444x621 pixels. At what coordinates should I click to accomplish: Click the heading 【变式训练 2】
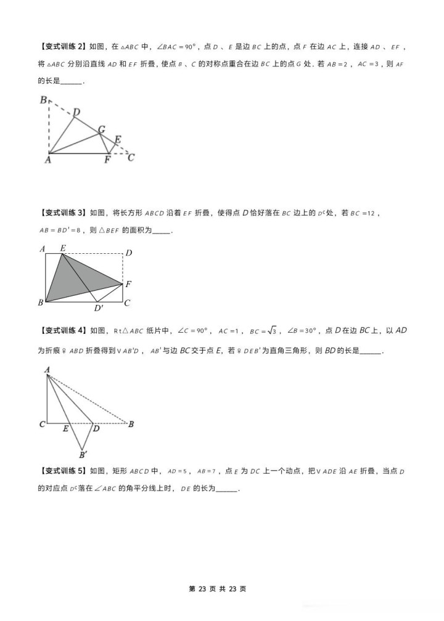point(62,46)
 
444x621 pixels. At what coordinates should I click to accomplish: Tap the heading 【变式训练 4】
point(62,331)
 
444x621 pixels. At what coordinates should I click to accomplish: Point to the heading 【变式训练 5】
point(62,471)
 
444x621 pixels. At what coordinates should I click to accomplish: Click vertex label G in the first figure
point(101,129)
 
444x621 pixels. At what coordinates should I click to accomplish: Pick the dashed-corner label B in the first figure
point(43,100)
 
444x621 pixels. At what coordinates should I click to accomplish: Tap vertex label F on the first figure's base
point(107,160)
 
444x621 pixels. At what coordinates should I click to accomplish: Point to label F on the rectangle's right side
point(128,284)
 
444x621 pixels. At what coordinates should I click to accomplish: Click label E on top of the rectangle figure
point(63,248)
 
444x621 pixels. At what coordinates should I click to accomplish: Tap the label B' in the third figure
point(83,455)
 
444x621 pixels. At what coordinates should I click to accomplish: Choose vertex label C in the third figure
point(42,424)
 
